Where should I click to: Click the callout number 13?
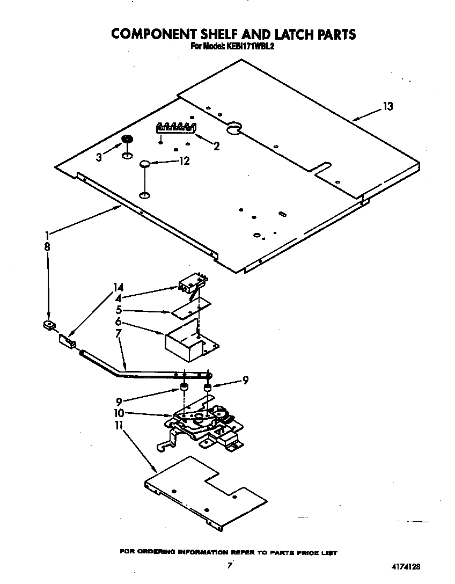coord(387,106)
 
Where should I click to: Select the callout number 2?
coord(216,146)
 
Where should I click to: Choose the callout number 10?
coord(119,413)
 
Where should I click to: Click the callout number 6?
coord(118,323)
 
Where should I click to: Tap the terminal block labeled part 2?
coord(175,127)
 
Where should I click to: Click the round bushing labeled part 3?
coord(127,140)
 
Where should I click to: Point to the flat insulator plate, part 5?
coord(190,309)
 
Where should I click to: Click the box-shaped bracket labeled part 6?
coord(188,344)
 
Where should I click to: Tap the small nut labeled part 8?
coord(48,325)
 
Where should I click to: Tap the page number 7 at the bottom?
coord(230,565)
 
